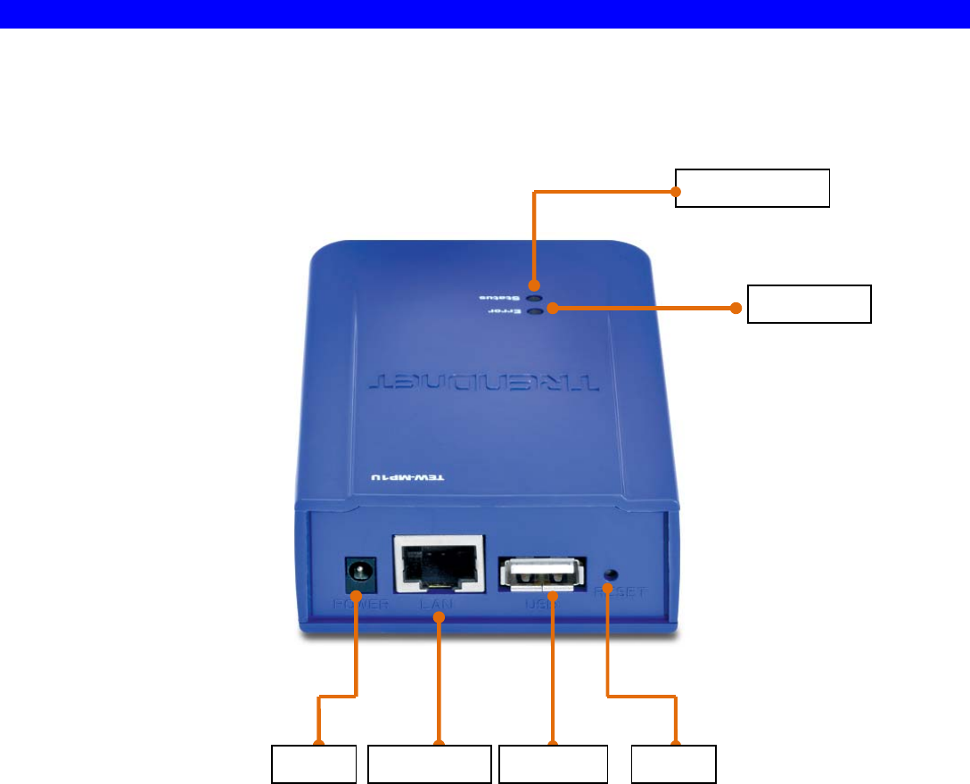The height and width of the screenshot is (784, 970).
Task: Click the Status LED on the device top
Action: pos(534,298)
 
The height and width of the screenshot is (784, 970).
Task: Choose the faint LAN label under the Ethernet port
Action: pos(440,604)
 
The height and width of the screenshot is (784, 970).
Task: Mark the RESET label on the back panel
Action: pos(630,592)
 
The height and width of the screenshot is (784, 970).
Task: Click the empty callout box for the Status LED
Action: pos(752,186)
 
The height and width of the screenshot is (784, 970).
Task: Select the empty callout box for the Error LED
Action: pos(808,304)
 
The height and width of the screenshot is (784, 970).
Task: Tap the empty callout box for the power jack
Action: pos(314,764)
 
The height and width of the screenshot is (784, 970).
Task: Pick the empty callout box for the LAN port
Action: pos(430,764)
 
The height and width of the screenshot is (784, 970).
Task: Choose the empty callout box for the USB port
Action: pos(553,764)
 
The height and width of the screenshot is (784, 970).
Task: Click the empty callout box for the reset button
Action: pos(673,764)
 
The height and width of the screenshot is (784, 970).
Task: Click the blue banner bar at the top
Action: pos(485,13)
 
